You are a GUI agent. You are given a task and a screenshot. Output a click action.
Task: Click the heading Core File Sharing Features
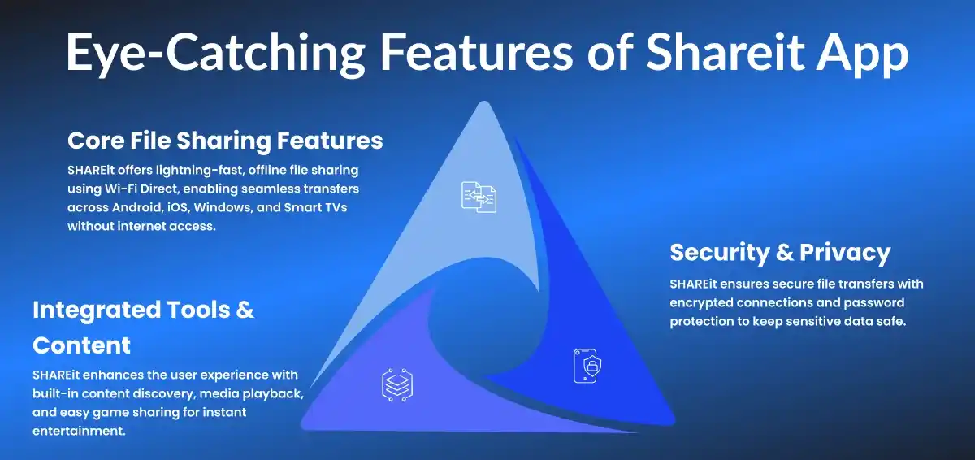click(x=225, y=141)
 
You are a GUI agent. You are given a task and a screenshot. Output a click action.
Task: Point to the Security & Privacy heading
click(x=780, y=252)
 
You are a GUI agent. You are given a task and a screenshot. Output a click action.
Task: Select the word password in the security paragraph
click(x=873, y=303)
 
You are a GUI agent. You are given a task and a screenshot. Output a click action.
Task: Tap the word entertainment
click(x=76, y=432)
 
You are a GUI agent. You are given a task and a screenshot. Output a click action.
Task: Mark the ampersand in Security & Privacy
click(x=784, y=252)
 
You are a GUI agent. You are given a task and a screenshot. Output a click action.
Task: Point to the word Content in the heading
click(x=82, y=345)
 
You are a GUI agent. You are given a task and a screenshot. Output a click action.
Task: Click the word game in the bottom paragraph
click(x=119, y=413)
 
